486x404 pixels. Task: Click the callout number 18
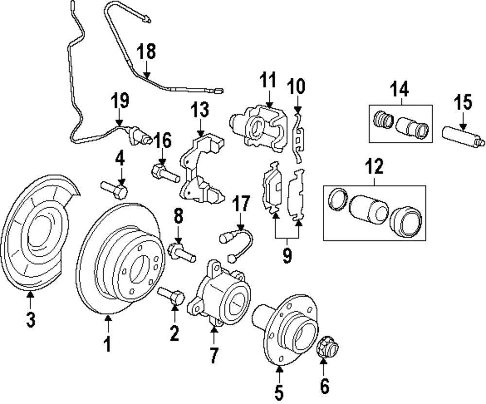[146, 51]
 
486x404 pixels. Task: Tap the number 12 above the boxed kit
[374, 167]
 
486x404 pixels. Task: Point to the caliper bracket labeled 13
[202, 171]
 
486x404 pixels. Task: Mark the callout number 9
[287, 255]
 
